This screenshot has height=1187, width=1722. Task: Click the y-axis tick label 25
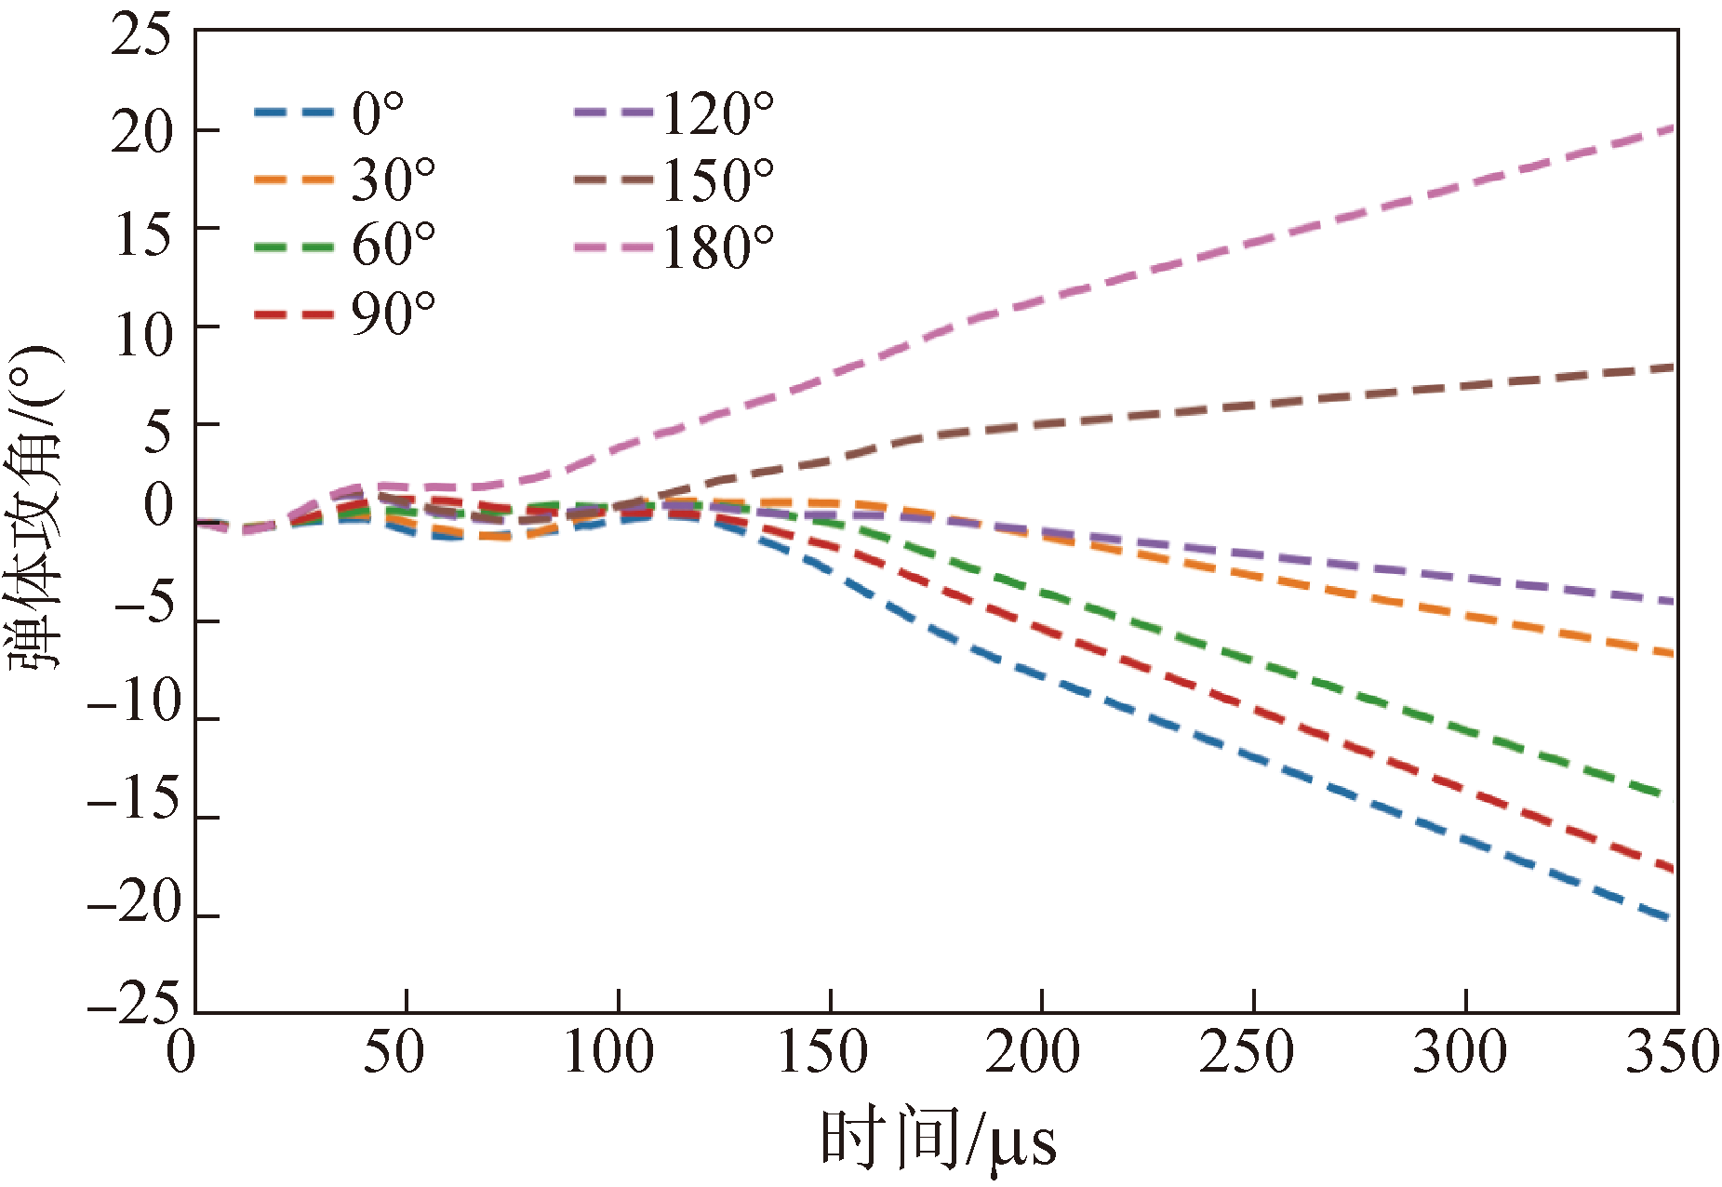pos(141,37)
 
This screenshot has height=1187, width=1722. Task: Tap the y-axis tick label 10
pos(141,335)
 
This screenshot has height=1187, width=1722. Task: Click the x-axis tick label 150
pos(822,1052)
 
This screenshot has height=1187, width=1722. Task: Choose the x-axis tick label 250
pos(1247,1052)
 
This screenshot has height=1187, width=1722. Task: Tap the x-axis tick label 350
pos(1671,1052)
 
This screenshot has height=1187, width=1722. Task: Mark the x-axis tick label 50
pos(394,1052)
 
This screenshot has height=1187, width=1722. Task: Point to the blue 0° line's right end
pos(1673,919)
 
